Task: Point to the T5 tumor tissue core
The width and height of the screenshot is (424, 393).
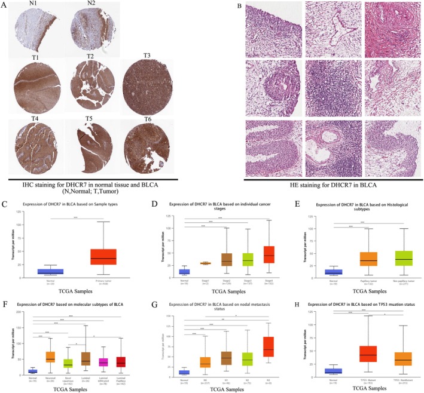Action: [x=91, y=143]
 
